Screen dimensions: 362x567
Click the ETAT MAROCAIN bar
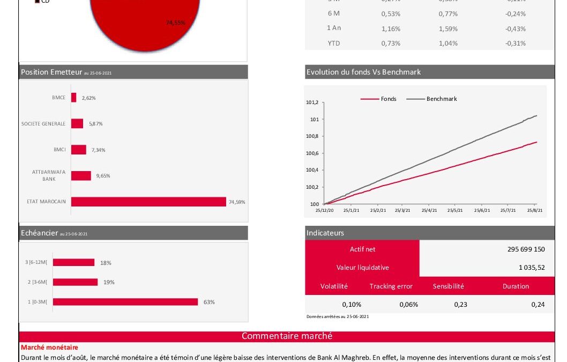pyautogui.click(x=148, y=202)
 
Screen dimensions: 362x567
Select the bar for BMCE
pyautogui.click(x=74, y=98)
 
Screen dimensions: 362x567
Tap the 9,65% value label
pyautogui.click(x=102, y=175)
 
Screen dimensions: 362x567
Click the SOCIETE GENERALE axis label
pyautogui.click(x=43, y=124)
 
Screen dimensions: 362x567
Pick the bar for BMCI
pyautogui.click(x=78, y=150)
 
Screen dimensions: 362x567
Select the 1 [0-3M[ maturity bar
pyautogui.click(x=125, y=302)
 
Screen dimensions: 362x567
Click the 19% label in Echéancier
pyautogui.click(x=109, y=282)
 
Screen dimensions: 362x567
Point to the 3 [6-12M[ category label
pyautogui.click(x=36, y=263)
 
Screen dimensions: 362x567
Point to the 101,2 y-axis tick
pyautogui.click(x=312, y=102)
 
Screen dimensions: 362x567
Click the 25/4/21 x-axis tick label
pyautogui.click(x=430, y=211)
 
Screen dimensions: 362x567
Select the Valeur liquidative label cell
pyautogui.click(x=362, y=267)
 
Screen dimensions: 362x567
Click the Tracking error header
pyautogui.click(x=391, y=286)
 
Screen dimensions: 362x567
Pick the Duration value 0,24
pyautogui.click(x=538, y=305)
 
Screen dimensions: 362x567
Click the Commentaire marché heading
pyautogui.click(x=287, y=336)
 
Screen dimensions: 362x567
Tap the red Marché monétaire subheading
pyautogui.click(x=49, y=348)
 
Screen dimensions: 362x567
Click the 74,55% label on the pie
pyautogui.click(x=175, y=23)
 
